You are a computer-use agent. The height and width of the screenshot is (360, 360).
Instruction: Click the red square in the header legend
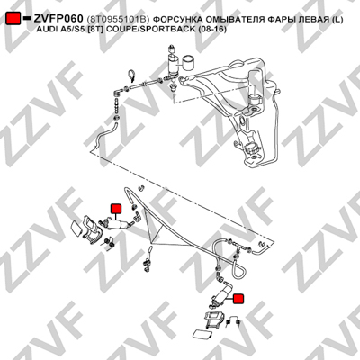click(x=13, y=19)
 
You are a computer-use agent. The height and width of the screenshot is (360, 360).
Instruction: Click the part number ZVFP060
click(x=58, y=19)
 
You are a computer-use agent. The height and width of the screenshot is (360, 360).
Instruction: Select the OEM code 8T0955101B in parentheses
click(x=118, y=20)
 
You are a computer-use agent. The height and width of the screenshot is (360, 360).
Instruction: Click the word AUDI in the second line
click(x=46, y=30)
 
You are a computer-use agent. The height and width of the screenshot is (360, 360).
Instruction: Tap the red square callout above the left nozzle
click(x=115, y=208)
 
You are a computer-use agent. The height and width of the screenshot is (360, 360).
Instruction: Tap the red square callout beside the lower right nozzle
click(x=238, y=299)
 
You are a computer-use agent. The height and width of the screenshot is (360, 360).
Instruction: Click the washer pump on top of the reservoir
click(x=172, y=65)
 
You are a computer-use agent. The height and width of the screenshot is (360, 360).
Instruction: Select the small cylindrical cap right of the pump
click(x=189, y=62)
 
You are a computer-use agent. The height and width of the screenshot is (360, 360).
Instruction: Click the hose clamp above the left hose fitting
click(x=131, y=76)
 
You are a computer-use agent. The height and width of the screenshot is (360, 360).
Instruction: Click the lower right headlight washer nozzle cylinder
click(x=221, y=293)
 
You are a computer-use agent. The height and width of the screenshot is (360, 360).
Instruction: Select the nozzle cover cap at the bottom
click(x=202, y=334)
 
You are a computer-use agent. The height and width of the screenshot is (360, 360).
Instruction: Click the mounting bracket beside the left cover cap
click(x=92, y=229)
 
